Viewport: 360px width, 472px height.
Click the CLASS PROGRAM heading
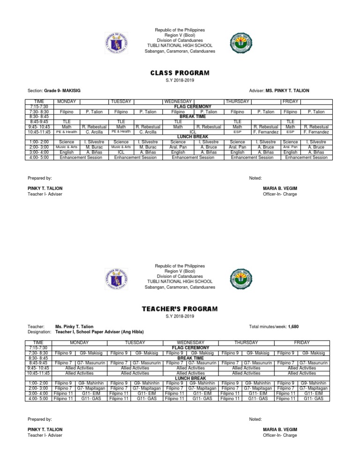pos(180,73)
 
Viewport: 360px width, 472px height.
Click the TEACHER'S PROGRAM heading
pos(180,309)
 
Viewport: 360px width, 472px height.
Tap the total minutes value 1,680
pos(293,327)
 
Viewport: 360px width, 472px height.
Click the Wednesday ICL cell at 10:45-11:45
pos(192,132)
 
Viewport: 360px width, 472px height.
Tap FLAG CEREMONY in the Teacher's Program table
pos(192,348)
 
